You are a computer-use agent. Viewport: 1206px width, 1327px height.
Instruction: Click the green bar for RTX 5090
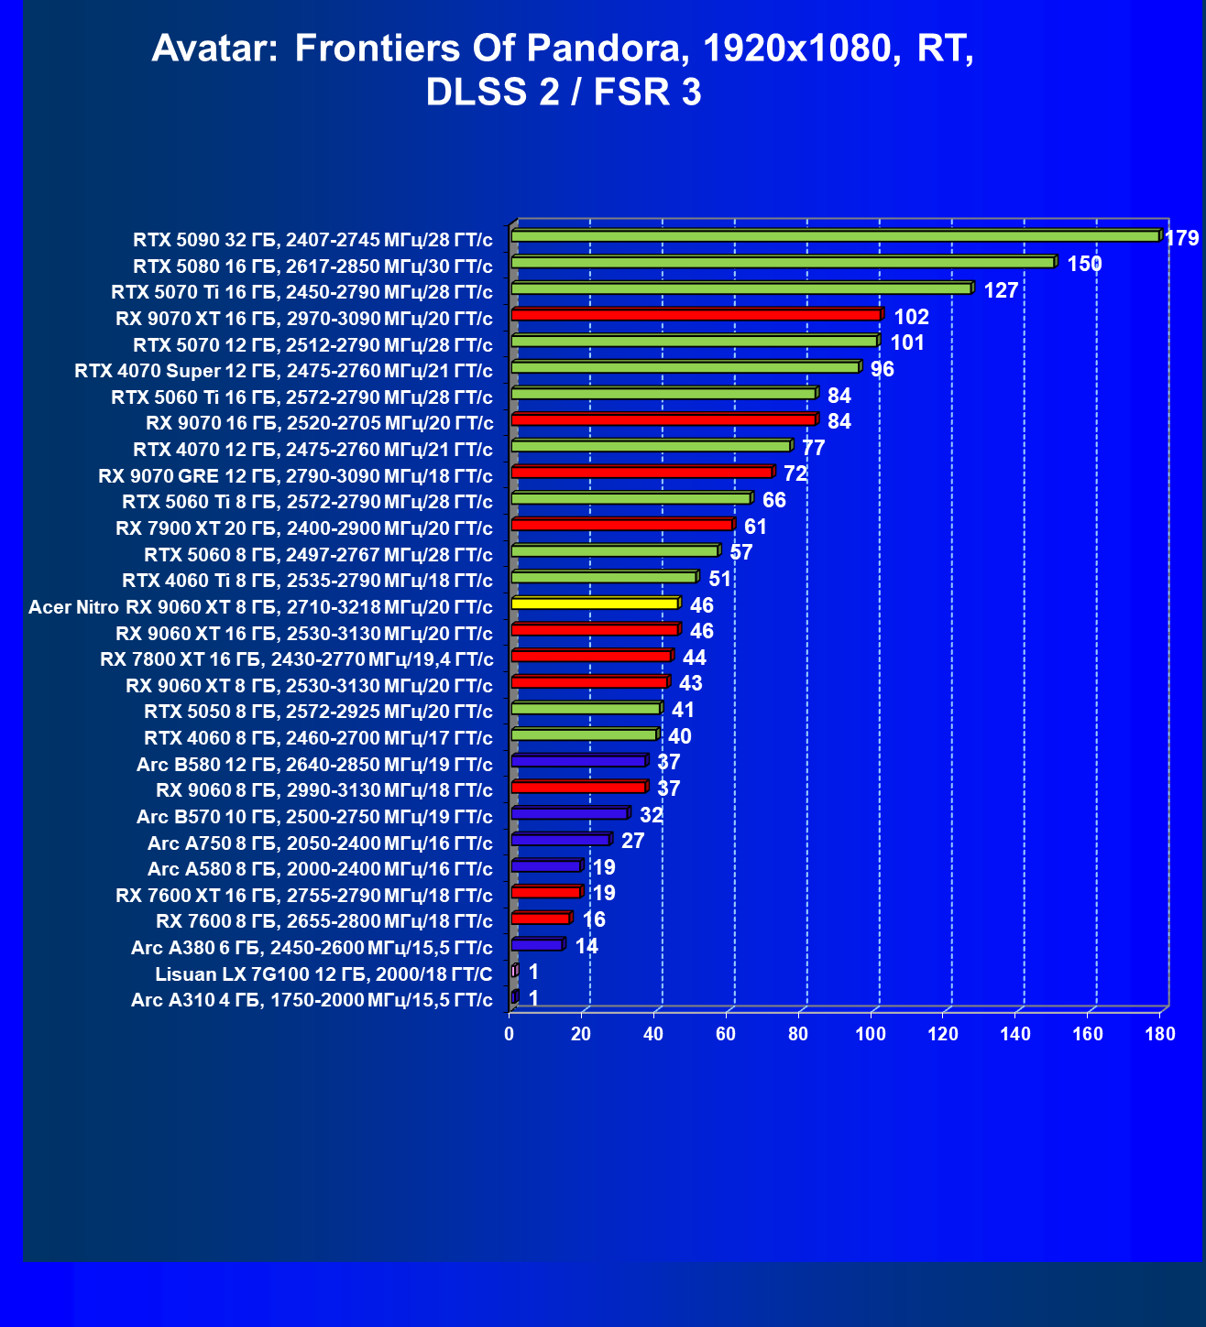837,235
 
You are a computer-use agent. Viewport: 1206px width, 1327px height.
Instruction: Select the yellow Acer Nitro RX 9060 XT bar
596,603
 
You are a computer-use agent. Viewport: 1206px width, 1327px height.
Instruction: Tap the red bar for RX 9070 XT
697,314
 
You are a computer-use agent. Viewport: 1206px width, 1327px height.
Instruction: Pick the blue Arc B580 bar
579,760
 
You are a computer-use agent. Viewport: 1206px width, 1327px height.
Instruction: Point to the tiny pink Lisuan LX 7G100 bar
515,971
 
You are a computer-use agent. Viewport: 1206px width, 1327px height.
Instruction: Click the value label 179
1181,238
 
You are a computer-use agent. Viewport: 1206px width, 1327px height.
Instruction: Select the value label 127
1001,290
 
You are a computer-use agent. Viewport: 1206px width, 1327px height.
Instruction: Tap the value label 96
883,369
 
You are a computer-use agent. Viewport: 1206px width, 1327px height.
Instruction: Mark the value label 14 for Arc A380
587,946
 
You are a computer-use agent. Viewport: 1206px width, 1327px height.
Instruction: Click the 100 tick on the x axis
871,1034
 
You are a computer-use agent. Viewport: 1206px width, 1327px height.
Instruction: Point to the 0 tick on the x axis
509,1034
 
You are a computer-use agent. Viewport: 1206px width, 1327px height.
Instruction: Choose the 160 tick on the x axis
1088,1034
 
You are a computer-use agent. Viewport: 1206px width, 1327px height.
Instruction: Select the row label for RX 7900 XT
304,528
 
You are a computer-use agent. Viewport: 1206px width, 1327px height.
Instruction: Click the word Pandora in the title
608,49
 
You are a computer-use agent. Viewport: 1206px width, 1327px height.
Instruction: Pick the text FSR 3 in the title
647,92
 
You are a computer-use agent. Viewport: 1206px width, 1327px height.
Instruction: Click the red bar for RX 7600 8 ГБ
542,918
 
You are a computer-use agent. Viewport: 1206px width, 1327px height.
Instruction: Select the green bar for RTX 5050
587,708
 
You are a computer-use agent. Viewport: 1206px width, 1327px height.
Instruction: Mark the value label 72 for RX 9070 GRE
795,473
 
